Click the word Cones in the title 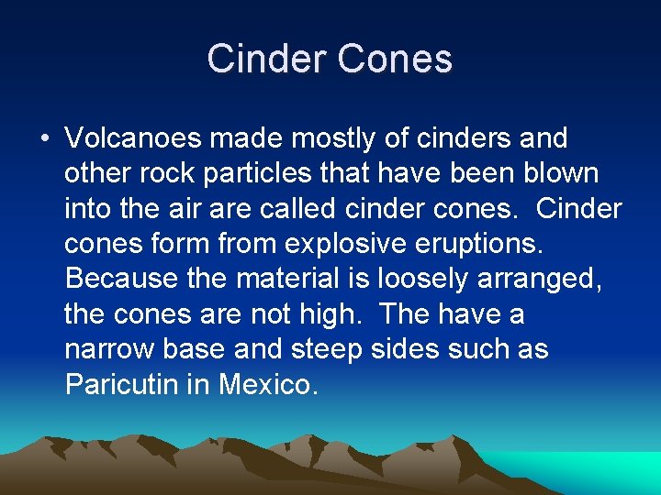pyautogui.click(x=395, y=59)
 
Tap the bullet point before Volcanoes pyautogui.click(x=44, y=139)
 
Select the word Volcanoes pyautogui.click(x=133, y=139)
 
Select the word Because pyautogui.click(x=121, y=279)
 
